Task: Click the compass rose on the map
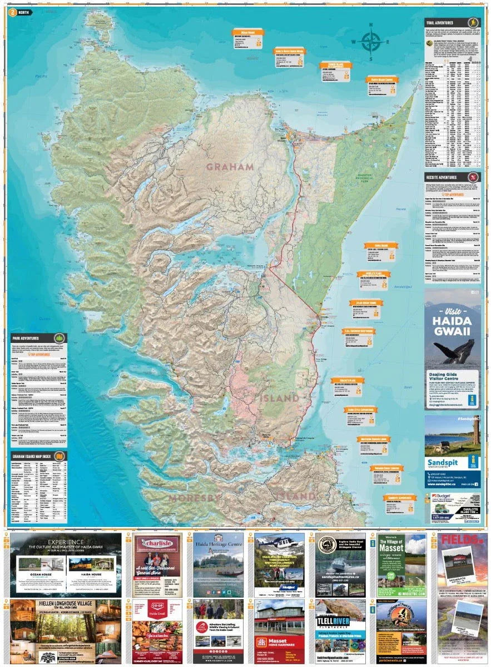[x=370, y=41]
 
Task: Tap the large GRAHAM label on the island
[x=230, y=166]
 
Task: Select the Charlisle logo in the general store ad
[x=152, y=543]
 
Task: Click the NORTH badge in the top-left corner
[x=21, y=12]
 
